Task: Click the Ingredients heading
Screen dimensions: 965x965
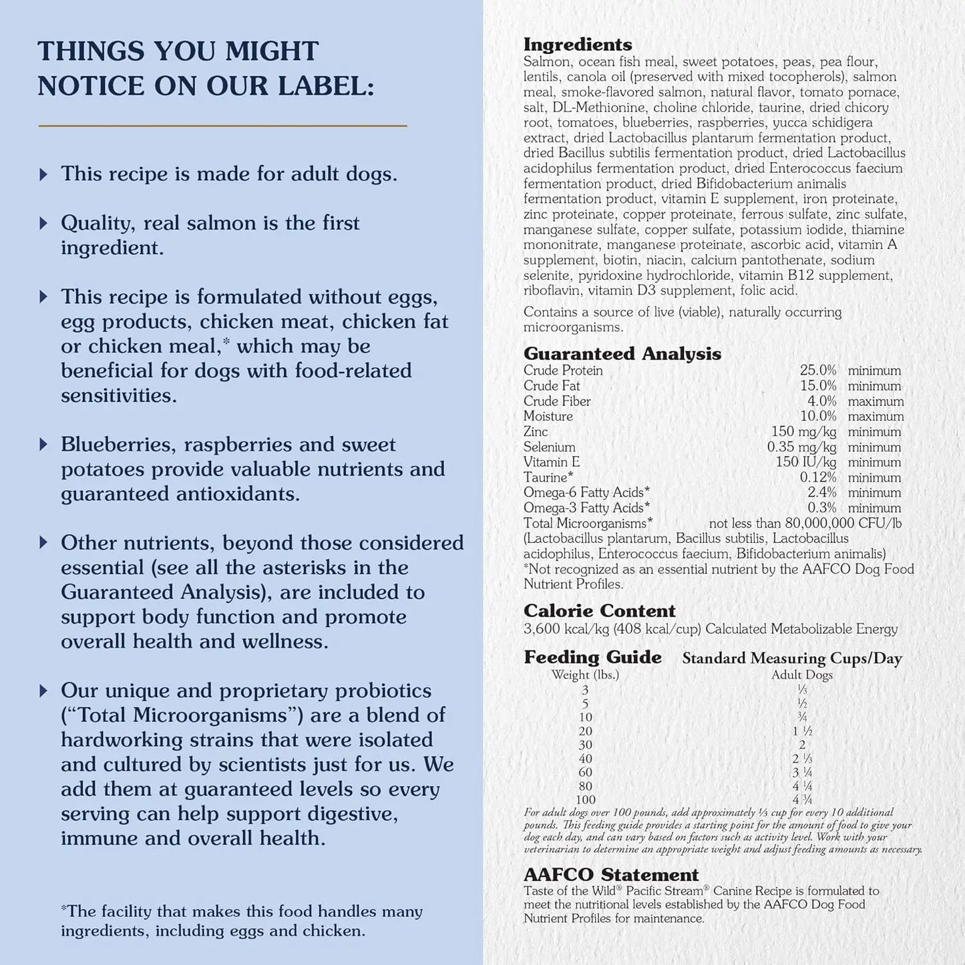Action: click(x=577, y=45)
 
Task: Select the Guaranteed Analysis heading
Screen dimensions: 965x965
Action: click(x=622, y=354)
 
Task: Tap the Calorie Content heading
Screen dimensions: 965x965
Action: click(x=599, y=611)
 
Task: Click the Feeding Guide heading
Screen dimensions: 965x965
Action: click(x=592, y=657)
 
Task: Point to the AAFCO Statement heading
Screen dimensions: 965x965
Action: click(x=610, y=875)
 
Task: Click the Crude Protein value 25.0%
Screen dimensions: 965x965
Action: click(x=817, y=371)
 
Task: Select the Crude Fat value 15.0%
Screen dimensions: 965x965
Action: click(x=817, y=386)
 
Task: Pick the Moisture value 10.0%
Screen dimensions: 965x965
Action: click(x=817, y=416)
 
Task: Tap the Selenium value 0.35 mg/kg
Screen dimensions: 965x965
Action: click(x=801, y=447)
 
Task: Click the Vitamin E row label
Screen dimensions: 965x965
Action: click(x=551, y=462)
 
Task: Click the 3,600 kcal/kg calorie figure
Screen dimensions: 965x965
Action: click(x=566, y=629)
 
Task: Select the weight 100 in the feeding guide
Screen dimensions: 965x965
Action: click(x=585, y=799)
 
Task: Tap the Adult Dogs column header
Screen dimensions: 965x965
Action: click(x=801, y=674)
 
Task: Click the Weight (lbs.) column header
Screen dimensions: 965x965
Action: click(x=585, y=674)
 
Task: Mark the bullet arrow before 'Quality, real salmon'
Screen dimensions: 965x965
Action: click(x=43, y=223)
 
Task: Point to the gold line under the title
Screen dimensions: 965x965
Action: click(x=222, y=126)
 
